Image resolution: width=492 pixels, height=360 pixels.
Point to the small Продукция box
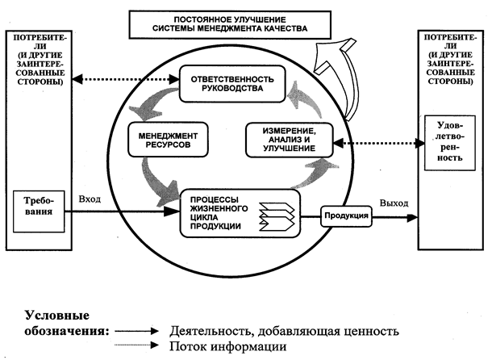coord(345,216)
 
